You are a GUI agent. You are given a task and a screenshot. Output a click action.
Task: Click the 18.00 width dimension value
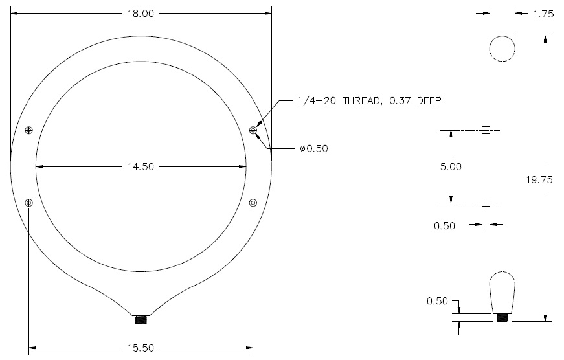point(141,14)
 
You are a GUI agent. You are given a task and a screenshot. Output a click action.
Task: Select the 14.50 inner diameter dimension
point(141,167)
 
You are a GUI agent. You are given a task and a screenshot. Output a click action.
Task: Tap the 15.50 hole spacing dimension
point(141,348)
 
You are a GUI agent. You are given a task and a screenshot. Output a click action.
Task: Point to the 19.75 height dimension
point(539,180)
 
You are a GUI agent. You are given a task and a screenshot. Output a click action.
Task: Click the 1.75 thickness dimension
point(543,14)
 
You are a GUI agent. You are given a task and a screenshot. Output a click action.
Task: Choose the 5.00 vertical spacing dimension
point(451,167)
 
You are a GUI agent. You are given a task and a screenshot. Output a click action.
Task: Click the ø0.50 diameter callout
point(314,148)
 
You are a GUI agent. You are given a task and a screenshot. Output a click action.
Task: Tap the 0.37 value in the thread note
point(400,101)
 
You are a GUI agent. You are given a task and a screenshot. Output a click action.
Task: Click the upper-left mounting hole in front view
point(29,130)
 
